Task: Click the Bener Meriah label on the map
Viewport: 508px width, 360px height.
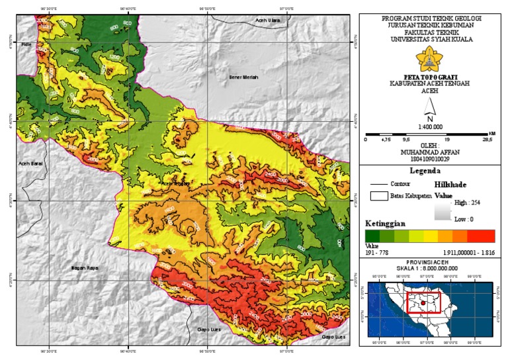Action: pos(244,77)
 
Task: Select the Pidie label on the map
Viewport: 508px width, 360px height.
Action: pos(26,45)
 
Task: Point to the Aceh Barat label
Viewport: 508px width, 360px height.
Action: pos(29,162)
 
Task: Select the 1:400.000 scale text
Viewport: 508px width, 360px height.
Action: pos(431,127)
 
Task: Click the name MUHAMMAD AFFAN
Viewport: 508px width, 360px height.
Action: pos(431,152)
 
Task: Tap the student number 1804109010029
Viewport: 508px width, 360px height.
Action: pos(431,158)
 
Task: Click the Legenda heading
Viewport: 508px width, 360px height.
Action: pos(431,170)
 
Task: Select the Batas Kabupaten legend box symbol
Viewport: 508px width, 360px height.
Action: pos(379,197)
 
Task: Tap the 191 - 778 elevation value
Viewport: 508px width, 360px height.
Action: pos(378,253)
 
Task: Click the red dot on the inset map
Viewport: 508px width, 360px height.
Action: pos(422,304)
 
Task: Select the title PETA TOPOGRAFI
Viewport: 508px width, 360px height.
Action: pos(431,77)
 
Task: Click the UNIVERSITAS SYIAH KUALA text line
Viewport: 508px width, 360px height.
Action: pos(431,38)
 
